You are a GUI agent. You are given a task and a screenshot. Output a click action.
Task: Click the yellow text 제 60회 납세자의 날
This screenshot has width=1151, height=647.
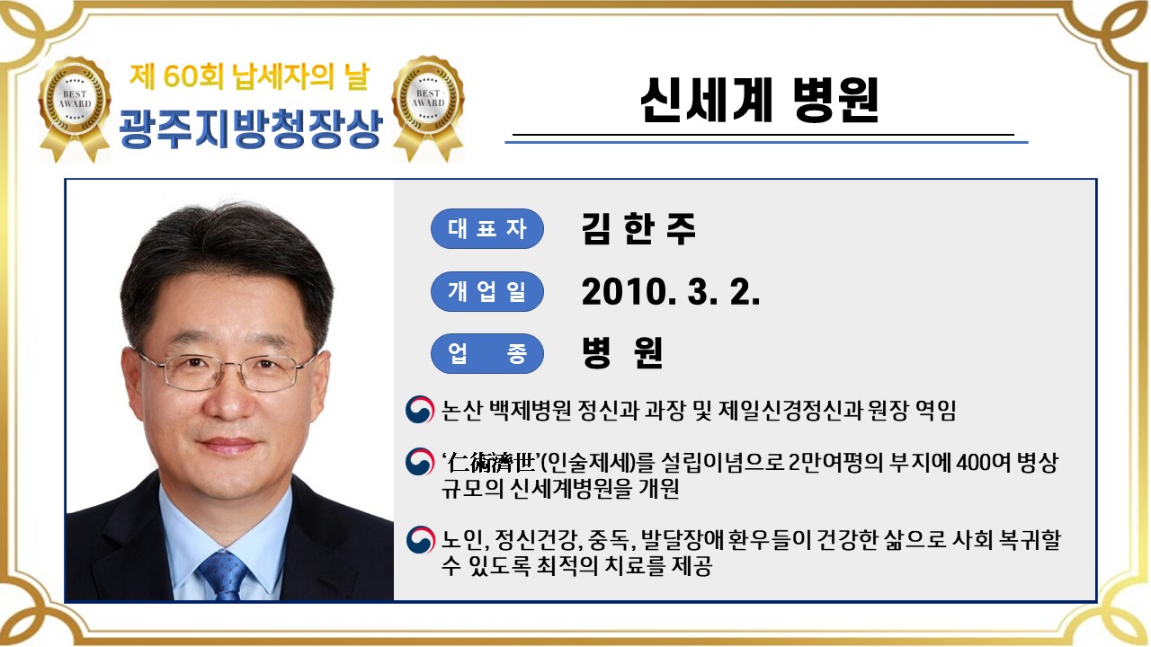[x=249, y=78]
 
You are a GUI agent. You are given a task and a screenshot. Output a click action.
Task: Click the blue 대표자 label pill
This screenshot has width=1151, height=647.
[x=487, y=228]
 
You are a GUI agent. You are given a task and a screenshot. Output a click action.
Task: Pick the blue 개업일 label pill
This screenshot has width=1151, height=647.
[x=487, y=291]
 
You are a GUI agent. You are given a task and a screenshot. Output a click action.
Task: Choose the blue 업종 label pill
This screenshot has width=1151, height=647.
[x=487, y=353]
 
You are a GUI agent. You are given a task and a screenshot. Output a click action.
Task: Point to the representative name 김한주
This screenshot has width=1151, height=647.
[x=638, y=228]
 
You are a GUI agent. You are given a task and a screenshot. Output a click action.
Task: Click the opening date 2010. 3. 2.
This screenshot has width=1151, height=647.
[x=671, y=291]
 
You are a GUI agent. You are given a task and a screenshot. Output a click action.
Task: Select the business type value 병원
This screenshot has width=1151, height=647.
[x=622, y=353]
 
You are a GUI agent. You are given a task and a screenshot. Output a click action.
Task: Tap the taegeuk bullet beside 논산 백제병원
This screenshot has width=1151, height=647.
[x=418, y=410]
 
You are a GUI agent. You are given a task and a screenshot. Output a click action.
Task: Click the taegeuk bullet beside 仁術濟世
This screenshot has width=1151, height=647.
[x=418, y=462]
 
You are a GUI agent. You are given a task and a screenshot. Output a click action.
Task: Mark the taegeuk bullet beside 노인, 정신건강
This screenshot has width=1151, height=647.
[x=418, y=539]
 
